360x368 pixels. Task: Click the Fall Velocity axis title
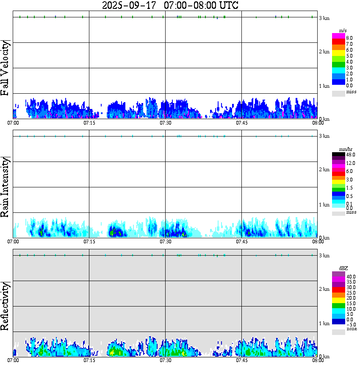tap(6, 68)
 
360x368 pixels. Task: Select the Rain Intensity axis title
tap(6, 187)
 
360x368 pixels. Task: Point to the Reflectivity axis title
tap(6, 307)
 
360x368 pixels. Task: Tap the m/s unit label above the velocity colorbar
tap(343, 31)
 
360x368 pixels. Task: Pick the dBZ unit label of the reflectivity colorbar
tap(343, 268)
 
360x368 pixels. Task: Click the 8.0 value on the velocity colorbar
tap(349, 38)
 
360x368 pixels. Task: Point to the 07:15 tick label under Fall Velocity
tap(89, 123)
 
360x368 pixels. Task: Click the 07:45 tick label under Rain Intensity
tap(241, 242)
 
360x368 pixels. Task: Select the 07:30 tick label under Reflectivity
tap(165, 361)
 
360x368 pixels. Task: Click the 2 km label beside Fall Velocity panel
tap(324, 52)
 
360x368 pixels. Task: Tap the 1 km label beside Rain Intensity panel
tap(324, 205)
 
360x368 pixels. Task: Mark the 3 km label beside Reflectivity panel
tap(324, 256)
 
